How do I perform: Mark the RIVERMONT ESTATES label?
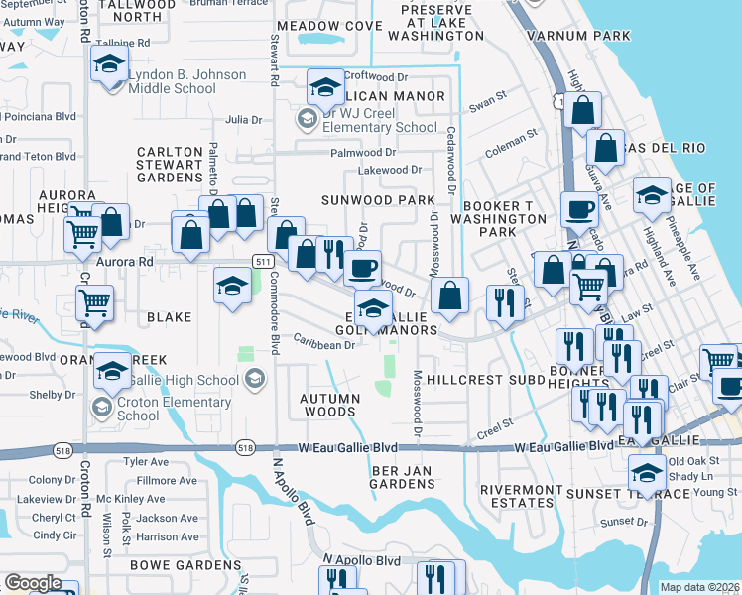point(517,496)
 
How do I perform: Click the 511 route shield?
point(262,261)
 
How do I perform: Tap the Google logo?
point(33,583)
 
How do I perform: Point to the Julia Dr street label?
point(244,120)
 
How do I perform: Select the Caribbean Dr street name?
point(323,344)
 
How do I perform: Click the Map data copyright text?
point(700,587)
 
